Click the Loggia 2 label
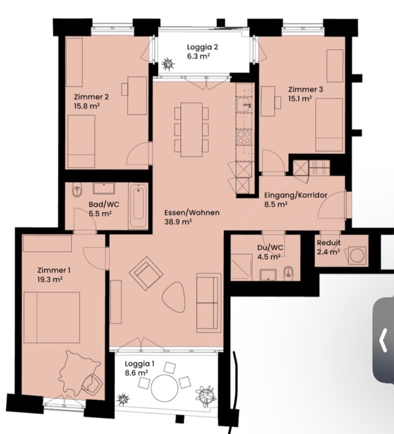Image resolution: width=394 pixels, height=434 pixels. click(x=202, y=47)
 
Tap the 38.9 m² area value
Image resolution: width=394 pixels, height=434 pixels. click(x=178, y=222)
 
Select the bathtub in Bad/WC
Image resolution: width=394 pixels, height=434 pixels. click(x=138, y=206)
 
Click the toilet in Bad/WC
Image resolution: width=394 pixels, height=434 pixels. click(x=77, y=190)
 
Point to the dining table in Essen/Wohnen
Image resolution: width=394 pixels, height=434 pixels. click(x=192, y=130)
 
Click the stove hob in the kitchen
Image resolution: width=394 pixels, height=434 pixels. click(x=244, y=137)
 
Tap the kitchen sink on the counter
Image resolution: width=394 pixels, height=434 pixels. click(x=244, y=105)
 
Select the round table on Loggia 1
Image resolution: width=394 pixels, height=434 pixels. click(x=164, y=388)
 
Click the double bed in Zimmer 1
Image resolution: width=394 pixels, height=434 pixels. click(x=52, y=318)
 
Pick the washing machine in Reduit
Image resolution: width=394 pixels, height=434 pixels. click(x=357, y=255)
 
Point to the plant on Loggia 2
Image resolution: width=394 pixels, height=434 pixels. click(x=168, y=64)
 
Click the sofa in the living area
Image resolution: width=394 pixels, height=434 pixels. click(x=208, y=303)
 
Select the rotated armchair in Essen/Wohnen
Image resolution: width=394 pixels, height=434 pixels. click(x=146, y=273)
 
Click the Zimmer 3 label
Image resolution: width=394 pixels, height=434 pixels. click(x=305, y=89)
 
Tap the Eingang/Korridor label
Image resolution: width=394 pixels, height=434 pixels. click(x=296, y=195)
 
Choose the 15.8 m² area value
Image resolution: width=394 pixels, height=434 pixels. click(x=87, y=106)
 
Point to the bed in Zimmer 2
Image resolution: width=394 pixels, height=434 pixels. click(x=81, y=142)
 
